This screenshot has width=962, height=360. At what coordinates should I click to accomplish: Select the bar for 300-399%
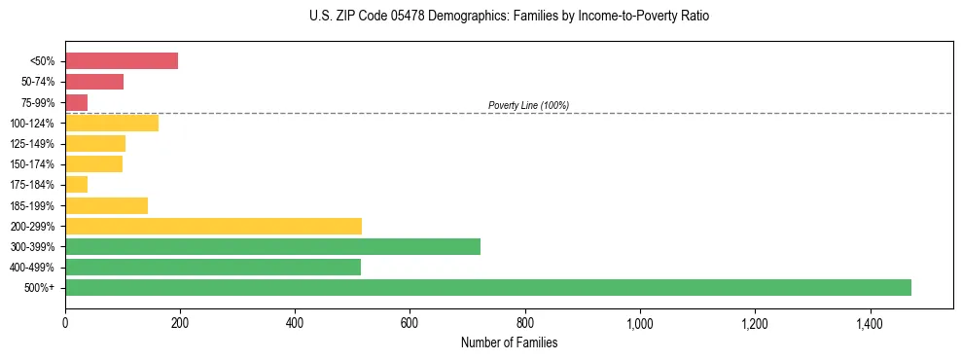click(272, 246)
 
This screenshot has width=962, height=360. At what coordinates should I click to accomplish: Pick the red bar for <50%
click(122, 61)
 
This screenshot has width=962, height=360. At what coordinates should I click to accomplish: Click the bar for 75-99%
click(77, 102)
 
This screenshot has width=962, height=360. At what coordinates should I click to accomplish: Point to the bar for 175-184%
click(77, 184)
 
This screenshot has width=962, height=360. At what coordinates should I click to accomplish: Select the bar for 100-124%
click(112, 123)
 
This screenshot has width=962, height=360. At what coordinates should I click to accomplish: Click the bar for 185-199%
click(106, 205)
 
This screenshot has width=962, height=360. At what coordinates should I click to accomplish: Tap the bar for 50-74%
click(94, 82)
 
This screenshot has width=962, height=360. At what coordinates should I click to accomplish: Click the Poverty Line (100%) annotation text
click(528, 105)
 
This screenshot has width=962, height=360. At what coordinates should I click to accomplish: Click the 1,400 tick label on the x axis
click(870, 324)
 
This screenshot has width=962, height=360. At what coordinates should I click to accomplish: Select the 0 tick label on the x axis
click(65, 324)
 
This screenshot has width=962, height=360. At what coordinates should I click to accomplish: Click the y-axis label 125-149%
click(33, 144)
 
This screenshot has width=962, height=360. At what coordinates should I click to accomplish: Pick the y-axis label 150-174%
click(33, 164)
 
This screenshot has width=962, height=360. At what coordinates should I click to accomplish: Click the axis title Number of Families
click(509, 342)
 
